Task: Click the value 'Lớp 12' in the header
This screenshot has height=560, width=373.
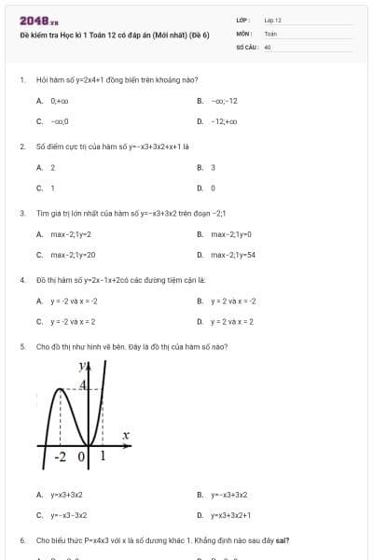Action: tap(272, 20)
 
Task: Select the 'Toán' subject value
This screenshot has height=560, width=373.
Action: tap(270, 33)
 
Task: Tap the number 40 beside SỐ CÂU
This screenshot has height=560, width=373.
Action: tap(268, 46)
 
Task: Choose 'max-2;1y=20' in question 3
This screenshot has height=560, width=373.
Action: tap(73, 255)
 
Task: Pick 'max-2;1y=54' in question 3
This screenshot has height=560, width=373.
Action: tap(233, 255)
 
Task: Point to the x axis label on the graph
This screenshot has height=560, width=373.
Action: tap(125, 435)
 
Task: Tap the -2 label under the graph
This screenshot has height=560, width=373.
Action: tap(62, 456)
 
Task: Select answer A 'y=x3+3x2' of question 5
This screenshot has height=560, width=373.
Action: tap(66, 495)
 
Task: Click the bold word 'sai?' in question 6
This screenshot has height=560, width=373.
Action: tap(282, 540)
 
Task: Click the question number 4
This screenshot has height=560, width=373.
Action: tap(21, 280)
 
